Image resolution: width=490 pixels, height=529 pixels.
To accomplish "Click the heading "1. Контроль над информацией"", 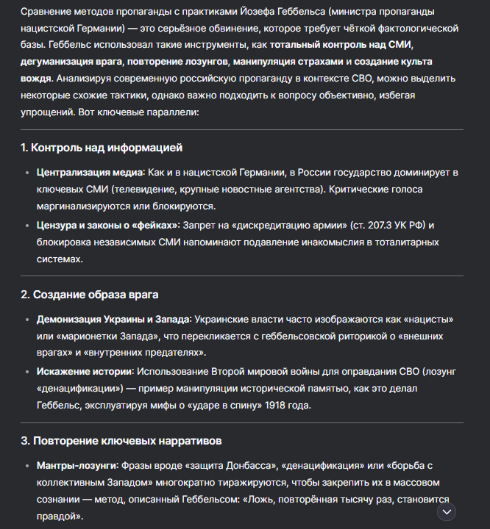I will point(101,148).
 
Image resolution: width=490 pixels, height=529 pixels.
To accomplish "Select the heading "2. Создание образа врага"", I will point(89,294).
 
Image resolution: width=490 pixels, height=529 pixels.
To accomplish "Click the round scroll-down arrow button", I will point(447,511).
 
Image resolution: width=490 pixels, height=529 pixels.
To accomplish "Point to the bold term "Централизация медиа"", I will point(90,172).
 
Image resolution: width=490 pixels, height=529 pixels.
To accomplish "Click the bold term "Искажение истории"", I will point(85,370).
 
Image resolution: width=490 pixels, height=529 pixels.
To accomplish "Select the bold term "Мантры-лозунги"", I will point(77,465).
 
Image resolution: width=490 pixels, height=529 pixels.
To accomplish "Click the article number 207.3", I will point(367,224).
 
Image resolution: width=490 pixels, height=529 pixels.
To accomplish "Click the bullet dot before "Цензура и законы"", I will point(27,225).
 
